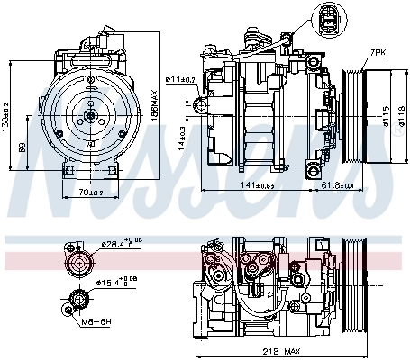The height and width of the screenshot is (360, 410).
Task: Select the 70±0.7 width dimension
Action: pyautogui.click(x=87, y=193)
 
